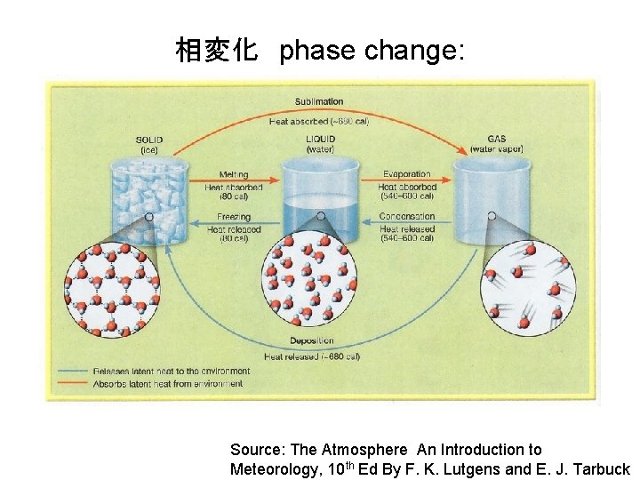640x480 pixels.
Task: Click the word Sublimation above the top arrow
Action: coord(319,101)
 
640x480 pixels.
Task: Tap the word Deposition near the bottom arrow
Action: coord(312,340)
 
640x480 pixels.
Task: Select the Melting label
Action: coord(233,175)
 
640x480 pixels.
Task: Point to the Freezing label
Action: coord(233,217)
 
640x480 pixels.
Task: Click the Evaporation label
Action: coord(406,175)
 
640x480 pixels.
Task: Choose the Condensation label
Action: coord(407,217)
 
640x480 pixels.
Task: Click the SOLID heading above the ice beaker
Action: coord(149,140)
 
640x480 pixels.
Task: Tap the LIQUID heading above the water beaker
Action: coord(320,140)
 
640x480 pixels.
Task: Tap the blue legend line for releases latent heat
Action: coord(73,371)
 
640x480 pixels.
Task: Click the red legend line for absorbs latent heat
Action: coord(73,384)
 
